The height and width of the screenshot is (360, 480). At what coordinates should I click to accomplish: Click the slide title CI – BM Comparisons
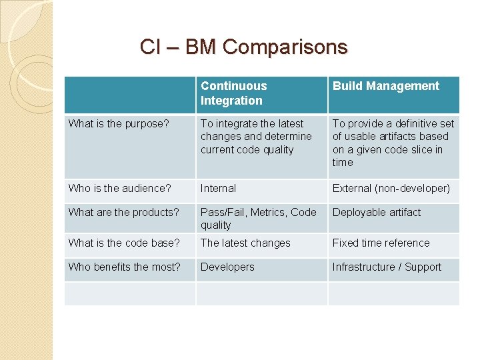coord(243,47)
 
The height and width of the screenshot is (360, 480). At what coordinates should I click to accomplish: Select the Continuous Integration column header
coord(233,93)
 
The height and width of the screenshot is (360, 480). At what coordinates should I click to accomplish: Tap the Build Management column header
coord(386,86)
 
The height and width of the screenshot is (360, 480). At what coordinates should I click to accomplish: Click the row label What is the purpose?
coord(119,123)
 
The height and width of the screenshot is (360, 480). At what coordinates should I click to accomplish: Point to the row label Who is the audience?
coord(120,188)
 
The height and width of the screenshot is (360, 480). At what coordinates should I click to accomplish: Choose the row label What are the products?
coord(124,212)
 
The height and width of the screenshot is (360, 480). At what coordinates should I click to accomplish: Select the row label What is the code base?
coord(124,243)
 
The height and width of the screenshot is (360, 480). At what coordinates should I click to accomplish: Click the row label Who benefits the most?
coord(125,267)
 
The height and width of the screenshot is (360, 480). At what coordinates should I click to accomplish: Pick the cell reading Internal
coord(218,188)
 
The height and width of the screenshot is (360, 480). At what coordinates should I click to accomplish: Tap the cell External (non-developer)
coord(391,188)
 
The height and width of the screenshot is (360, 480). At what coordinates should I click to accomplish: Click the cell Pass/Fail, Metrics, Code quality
coord(258,218)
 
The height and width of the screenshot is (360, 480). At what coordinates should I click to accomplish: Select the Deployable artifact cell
coord(377,212)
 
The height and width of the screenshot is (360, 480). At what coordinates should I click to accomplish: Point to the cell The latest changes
coord(245,243)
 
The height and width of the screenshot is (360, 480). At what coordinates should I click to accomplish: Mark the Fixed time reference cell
coord(381,243)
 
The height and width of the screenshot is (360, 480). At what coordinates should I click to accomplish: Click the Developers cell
coord(227,267)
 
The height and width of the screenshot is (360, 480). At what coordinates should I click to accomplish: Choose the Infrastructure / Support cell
coord(387,267)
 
